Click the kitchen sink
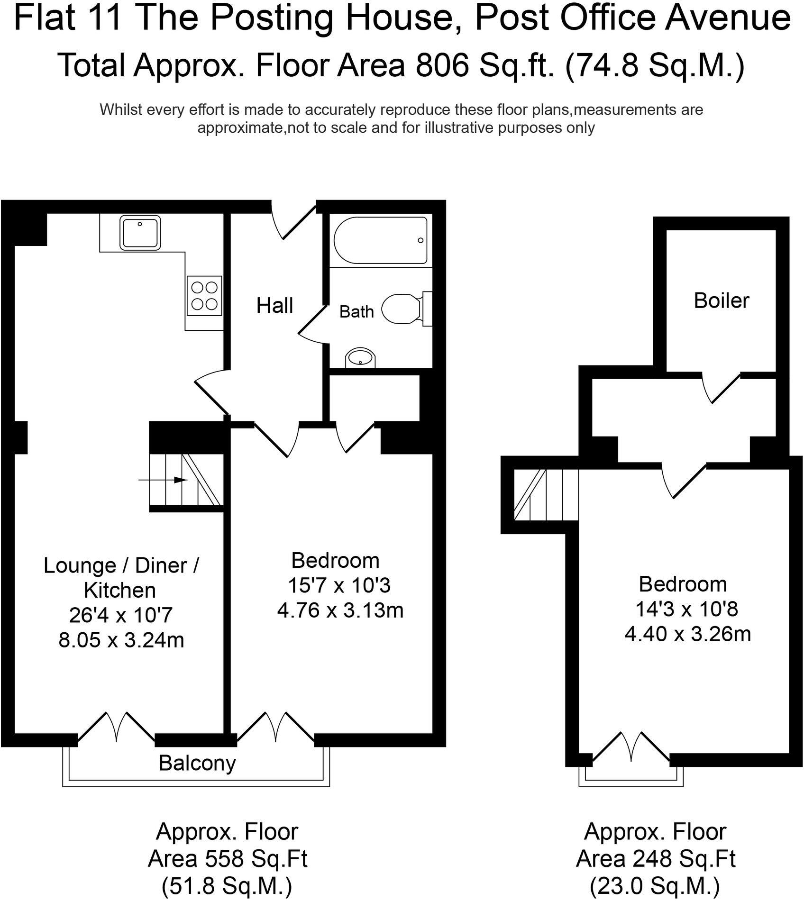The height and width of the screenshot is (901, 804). tap(140, 232)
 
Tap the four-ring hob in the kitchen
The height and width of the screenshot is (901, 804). tap(204, 295)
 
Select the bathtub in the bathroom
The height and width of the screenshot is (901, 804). tap(381, 240)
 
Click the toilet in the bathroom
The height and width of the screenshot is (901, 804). tap(403, 309)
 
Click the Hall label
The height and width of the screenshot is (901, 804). tap(274, 306)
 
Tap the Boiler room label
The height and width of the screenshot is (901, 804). tap(721, 300)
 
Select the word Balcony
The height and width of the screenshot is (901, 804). tap(197, 763)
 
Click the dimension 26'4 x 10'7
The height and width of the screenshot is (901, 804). tap(120, 616)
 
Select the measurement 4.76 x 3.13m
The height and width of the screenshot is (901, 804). tap(340, 610)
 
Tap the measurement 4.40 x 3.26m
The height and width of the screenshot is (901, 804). tap(687, 634)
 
